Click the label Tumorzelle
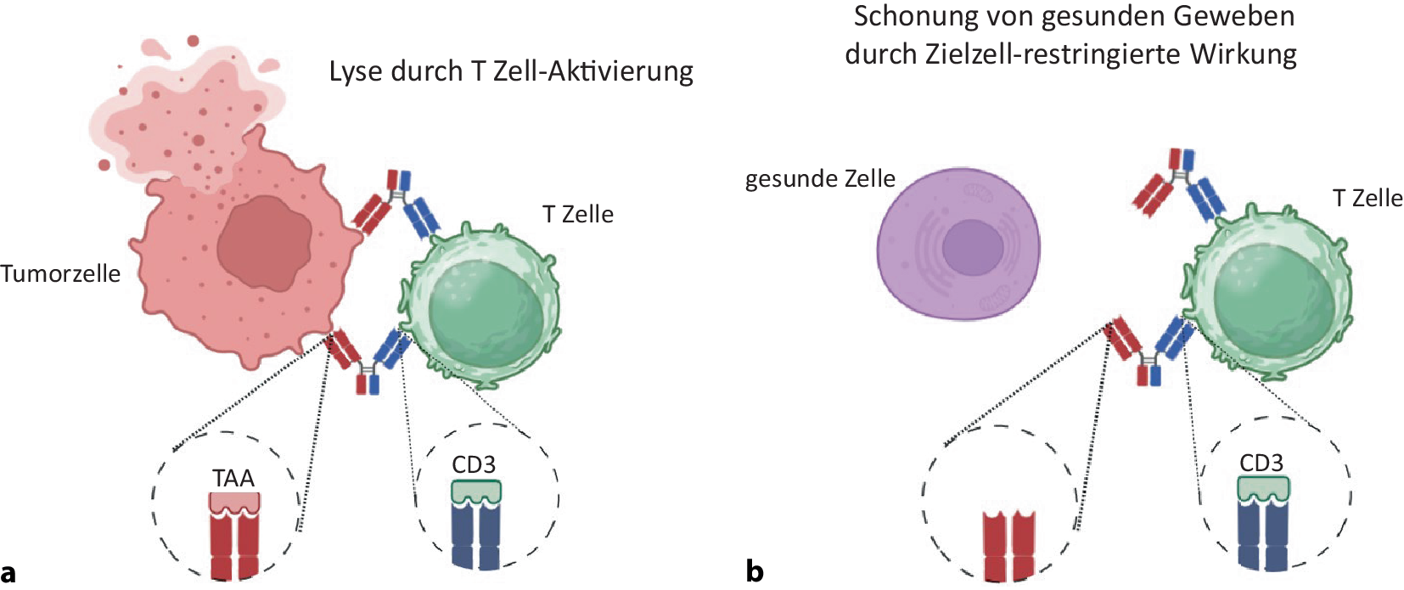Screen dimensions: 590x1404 pos(60,273)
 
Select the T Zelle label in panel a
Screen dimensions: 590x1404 pos(577,214)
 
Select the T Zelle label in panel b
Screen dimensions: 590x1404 pos(1367,198)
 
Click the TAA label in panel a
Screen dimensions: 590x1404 pos(233,478)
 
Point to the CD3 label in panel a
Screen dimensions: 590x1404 pos(473,464)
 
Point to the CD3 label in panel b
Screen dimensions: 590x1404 pos(1261,463)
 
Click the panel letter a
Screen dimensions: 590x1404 pos(8,571)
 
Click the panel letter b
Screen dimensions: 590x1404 pos(755,571)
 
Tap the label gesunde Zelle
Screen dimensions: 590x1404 pos(820,178)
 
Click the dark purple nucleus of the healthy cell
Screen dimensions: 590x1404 pos(972,247)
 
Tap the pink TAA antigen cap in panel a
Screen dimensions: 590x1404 pos(234,503)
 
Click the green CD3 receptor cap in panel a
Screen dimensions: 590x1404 pos(475,492)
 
